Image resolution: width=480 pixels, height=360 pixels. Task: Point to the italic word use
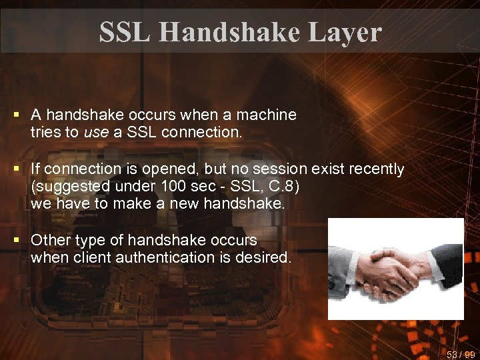pyautogui.click(x=96, y=132)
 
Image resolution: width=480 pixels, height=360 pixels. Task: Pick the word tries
pyautogui.click(x=45, y=132)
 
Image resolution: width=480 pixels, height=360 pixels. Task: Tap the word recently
pyautogui.click(x=373, y=169)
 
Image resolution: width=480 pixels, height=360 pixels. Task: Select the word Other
pyautogui.click(x=49, y=240)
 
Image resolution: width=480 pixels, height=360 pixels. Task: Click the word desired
pyautogui.click(x=267, y=257)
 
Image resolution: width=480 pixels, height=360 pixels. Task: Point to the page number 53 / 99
pyautogui.click(x=461, y=354)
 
